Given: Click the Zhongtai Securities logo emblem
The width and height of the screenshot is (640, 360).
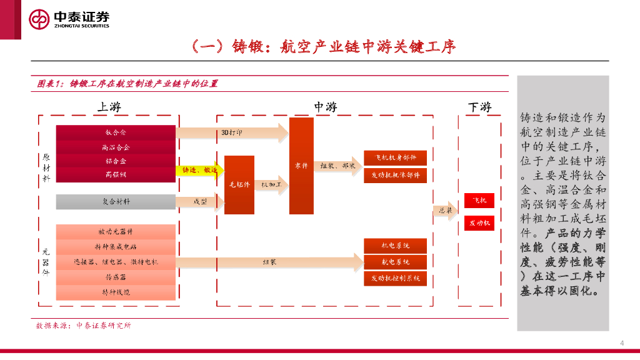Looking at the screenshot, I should pyautogui.click(x=39, y=19).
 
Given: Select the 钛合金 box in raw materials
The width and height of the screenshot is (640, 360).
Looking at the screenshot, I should pyautogui.click(x=116, y=132).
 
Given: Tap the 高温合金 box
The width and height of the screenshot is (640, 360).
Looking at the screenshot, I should pyautogui.click(x=116, y=147).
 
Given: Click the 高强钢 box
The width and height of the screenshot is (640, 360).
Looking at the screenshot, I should pyautogui.click(x=116, y=175).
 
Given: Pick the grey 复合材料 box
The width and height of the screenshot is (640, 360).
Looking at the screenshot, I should pyautogui.click(x=116, y=202).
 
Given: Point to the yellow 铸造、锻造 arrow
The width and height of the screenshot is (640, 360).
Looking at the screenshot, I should pyautogui.click(x=200, y=170).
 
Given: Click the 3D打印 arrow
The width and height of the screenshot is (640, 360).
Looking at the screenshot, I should pyautogui.click(x=231, y=132).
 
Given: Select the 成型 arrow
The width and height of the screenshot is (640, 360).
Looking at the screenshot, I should pyautogui.click(x=199, y=202).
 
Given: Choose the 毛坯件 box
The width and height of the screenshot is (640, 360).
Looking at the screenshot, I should pyautogui.click(x=239, y=185).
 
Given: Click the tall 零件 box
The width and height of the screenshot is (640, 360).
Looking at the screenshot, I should pyautogui.click(x=301, y=166).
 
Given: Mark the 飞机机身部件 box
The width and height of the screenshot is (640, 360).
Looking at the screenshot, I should pyautogui.click(x=396, y=157).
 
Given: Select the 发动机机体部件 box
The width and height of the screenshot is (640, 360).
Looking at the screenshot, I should pyautogui.click(x=396, y=176).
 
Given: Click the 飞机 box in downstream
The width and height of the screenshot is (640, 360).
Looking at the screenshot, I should pyautogui.click(x=479, y=201).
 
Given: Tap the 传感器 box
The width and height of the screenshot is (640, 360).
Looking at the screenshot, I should pyautogui.click(x=116, y=276).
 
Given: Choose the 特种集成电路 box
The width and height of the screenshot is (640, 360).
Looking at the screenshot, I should pyautogui.click(x=116, y=247).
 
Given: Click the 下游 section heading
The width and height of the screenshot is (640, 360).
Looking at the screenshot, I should pyautogui.click(x=479, y=107).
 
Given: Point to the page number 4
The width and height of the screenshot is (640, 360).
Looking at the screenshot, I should pyautogui.click(x=622, y=342).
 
